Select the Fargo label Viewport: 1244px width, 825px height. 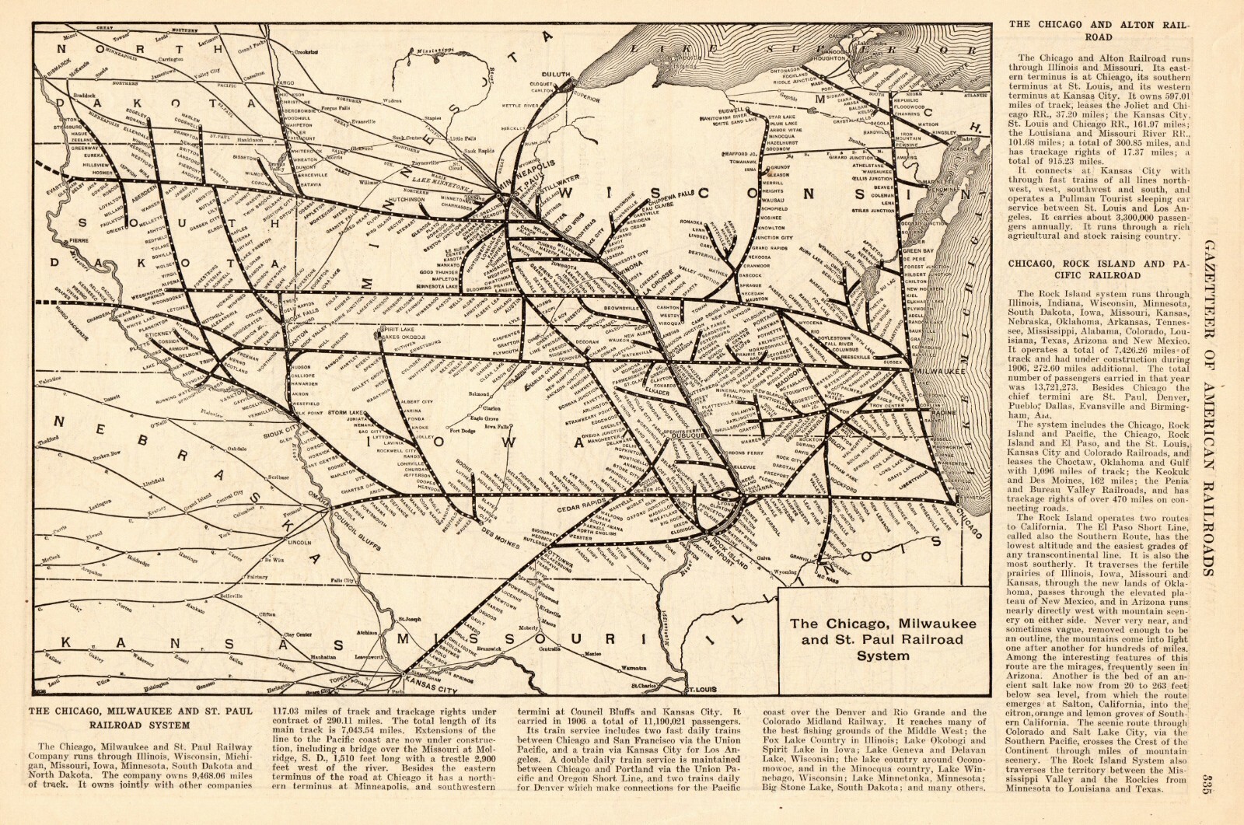pyautogui.click(x=285, y=82)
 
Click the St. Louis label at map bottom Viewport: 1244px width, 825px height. pyautogui.click(x=698, y=690)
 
